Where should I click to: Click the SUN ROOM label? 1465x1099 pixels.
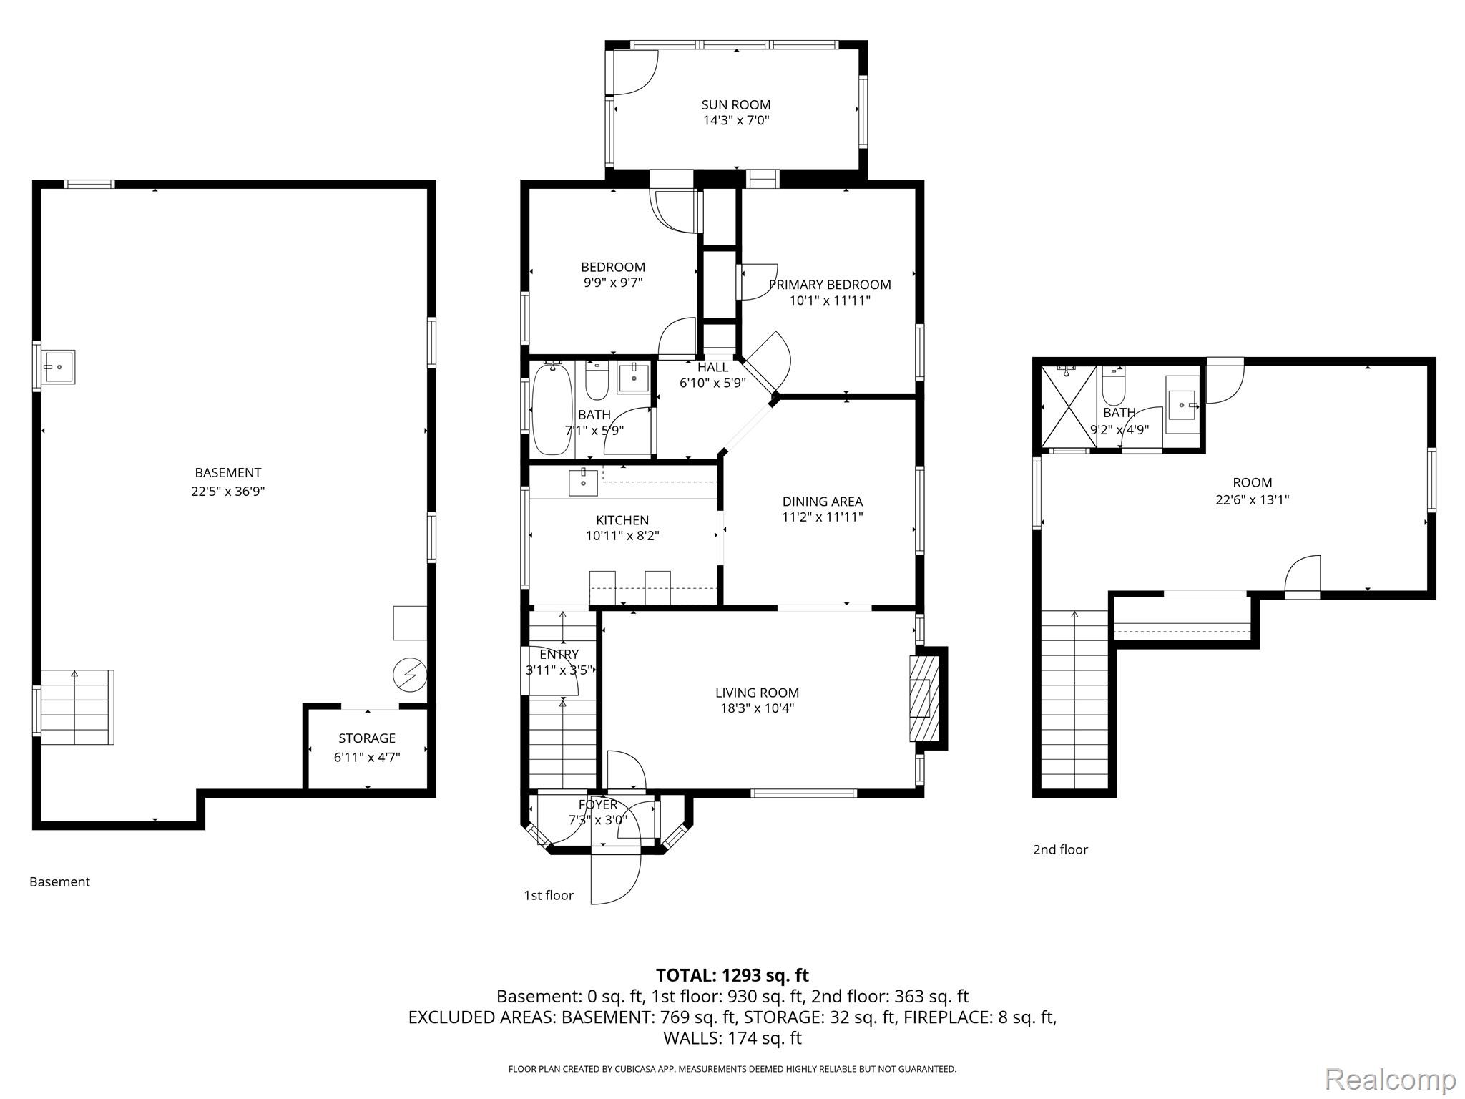pos(735,104)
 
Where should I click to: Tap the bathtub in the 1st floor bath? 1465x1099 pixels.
pos(552,409)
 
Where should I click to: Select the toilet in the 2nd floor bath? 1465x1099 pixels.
pos(1113,386)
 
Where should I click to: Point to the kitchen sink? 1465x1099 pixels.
pos(584,482)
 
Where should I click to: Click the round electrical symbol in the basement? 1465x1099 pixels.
pos(410,675)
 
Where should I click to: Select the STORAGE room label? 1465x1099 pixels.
pos(367,738)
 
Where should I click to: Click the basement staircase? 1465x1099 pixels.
pos(77,707)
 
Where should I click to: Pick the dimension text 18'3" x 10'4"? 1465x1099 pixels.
pos(757,708)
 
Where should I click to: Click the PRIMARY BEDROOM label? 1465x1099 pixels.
pos(830,284)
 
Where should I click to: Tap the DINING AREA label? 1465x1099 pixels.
pos(823,502)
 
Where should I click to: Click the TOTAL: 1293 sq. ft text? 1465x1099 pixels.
pos(732,975)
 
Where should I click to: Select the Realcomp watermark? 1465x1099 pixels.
pos(1391,1078)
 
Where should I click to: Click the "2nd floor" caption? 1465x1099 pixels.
pos(1060,849)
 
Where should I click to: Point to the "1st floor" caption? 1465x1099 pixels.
pos(549,895)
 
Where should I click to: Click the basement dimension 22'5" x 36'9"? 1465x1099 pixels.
pos(227,491)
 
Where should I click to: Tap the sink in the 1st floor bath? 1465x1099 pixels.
pos(634,378)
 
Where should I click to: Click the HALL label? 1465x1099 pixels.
pos(712,367)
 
